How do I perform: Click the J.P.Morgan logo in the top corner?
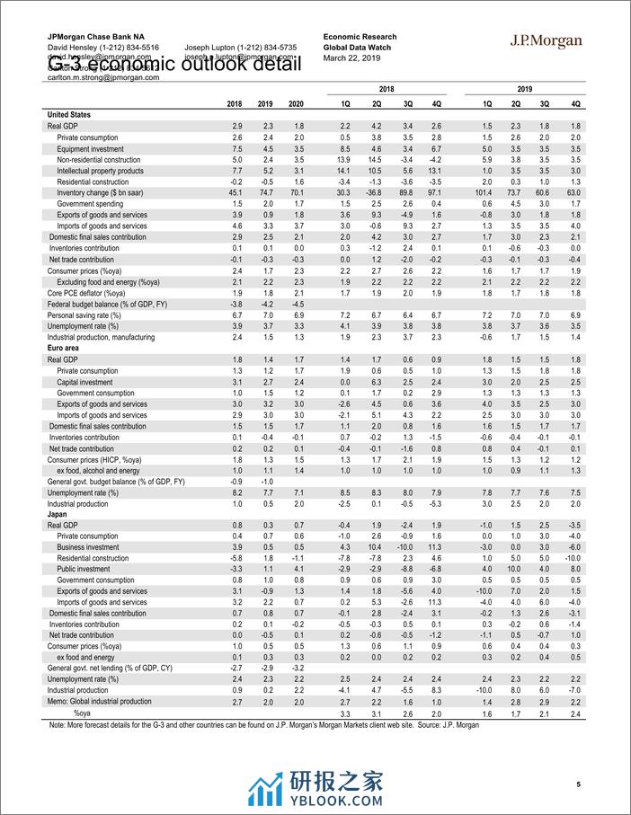pos(547,41)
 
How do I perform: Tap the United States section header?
pos(70,116)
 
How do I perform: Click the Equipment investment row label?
pos(92,148)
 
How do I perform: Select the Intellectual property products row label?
pos(100,171)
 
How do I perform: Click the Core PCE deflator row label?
pos(86,293)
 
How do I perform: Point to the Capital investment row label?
pos(85,382)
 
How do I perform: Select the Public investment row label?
pos(84,570)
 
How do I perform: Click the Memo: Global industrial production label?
pos(99,702)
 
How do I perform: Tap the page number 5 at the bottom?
pos(580,784)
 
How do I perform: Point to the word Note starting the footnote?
pos(58,724)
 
